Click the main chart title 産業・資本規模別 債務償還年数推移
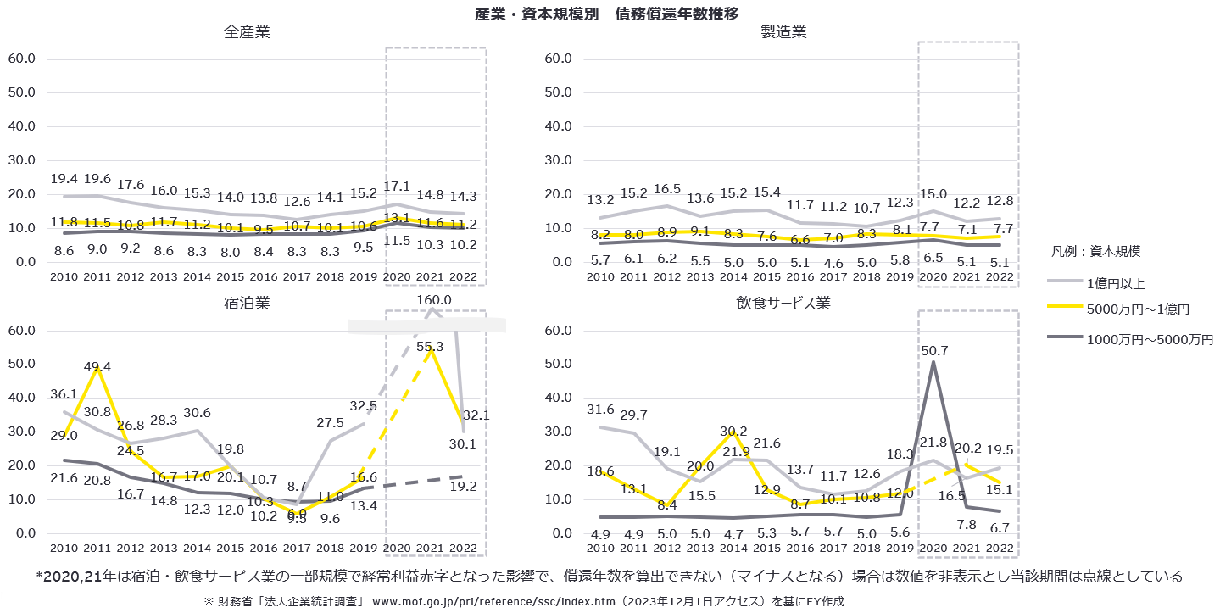coord(609,13)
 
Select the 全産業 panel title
coord(248,32)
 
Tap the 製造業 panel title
coord(783,32)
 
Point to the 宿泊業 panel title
coord(248,303)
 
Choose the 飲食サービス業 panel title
coord(783,303)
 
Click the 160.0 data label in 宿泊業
coord(433,300)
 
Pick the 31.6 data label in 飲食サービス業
coord(599,410)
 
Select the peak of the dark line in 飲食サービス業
coord(933,362)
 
